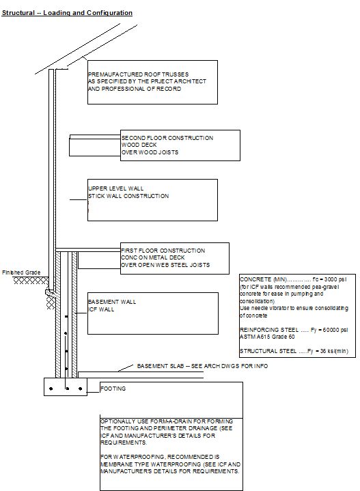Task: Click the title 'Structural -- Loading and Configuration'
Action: [67, 13]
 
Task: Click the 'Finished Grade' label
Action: [21, 272]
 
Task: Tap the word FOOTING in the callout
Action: [113, 389]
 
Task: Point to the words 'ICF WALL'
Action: [101, 309]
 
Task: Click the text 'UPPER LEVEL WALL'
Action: [116, 188]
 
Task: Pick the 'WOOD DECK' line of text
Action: [139, 145]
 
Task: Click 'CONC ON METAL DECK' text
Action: [153, 257]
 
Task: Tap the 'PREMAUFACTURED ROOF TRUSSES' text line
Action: [139, 74]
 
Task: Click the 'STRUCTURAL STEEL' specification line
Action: [294, 351]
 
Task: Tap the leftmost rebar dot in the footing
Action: [51, 389]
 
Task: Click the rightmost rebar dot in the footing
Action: [81, 389]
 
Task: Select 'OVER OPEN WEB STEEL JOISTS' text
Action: [165, 265]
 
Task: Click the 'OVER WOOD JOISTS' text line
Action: [150, 152]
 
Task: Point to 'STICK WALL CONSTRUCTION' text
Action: [128, 196]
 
